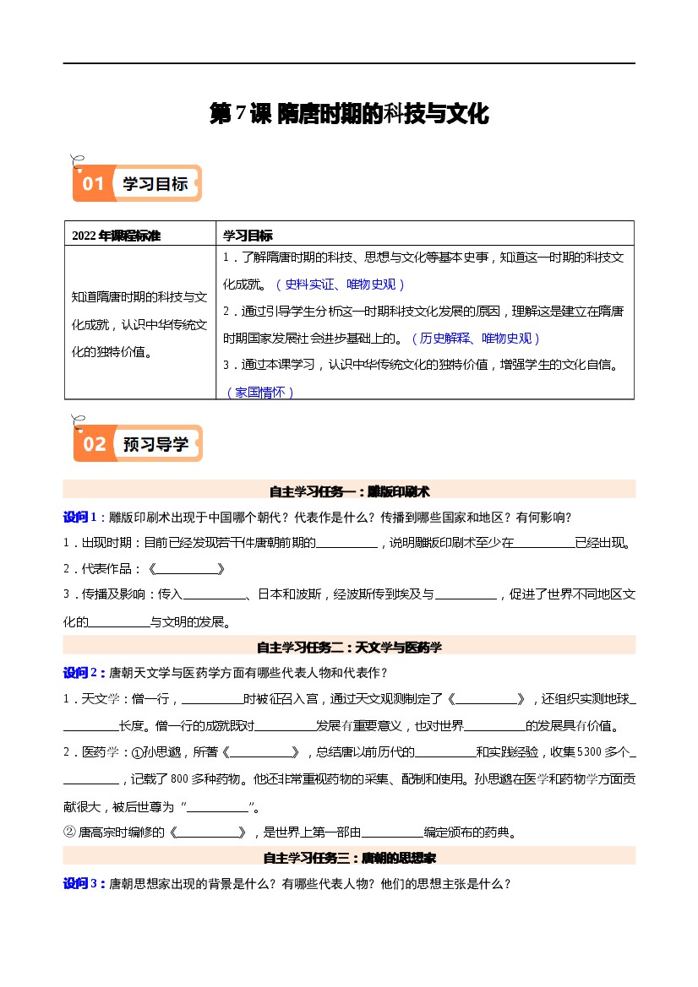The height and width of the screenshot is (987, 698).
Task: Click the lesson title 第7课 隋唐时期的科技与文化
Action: pyautogui.click(x=349, y=114)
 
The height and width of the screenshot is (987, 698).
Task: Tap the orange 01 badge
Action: pyautogui.click(x=93, y=183)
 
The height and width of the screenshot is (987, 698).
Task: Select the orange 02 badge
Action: pyautogui.click(x=94, y=444)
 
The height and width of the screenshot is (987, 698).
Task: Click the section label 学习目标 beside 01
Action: pyautogui.click(x=155, y=183)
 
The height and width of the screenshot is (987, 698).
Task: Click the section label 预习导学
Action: pyautogui.click(x=155, y=444)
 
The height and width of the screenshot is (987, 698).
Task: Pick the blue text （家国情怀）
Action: pyautogui.click(x=260, y=392)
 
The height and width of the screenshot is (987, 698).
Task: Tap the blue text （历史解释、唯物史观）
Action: pyautogui.click(x=475, y=339)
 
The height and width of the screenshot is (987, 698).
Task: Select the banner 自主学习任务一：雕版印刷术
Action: pyautogui.click(x=349, y=491)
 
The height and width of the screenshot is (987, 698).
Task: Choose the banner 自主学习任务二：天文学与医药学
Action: pyautogui.click(x=349, y=648)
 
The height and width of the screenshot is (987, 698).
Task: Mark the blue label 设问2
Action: pyautogui.click(x=83, y=673)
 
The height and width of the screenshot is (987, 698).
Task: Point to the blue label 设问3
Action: pyautogui.click(x=83, y=884)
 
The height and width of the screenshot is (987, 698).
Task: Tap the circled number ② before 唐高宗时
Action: pyautogui.click(x=70, y=832)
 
